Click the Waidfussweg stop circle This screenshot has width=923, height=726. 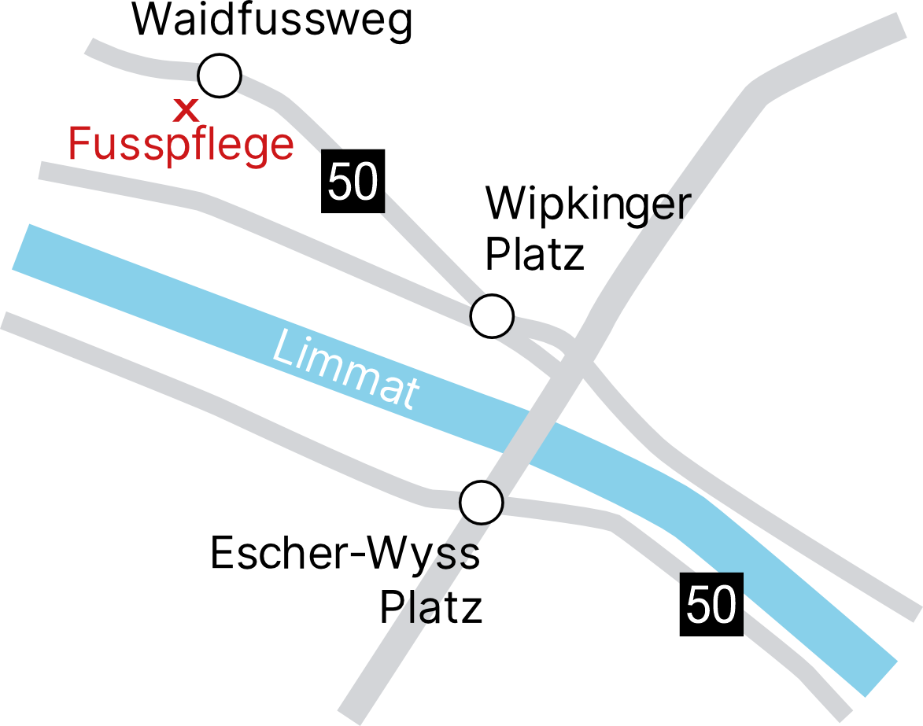click(x=220, y=76)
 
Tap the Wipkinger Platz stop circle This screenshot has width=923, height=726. click(x=492, y=316)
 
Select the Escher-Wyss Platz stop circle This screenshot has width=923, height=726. click(x=481, y=502)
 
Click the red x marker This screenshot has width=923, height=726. click(x=186, y=109)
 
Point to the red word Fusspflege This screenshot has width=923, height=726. click(x=181, y=146)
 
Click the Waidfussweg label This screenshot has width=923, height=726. click(x=272, y=20)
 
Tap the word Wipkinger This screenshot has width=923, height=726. click(x=587, y=205)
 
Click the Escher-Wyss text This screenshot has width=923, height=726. click(x=345, y=554)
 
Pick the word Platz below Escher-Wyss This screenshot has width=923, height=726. click(x=430, y=608)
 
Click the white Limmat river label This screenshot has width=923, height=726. click(x=344, y=368)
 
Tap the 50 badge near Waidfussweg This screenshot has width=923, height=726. click(x=353, y=182)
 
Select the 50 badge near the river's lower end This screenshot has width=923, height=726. click(x=711, y=606)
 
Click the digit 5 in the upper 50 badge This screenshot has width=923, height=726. click(x=339, y=182)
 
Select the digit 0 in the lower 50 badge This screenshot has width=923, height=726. click(x=725, y=606)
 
